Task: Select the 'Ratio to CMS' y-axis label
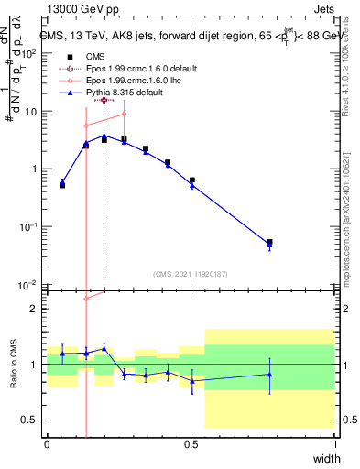click(15, 364)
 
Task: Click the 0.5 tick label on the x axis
click(191, 444)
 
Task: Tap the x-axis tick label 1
click(335, 444)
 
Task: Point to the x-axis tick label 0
click(47, 444)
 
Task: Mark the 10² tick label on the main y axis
click(30, 53)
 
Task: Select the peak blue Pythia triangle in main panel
click(104, 136)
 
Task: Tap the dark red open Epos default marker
click(104, 100)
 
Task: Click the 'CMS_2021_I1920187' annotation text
click(191, 273)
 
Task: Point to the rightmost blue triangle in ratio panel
click(269, 374)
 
